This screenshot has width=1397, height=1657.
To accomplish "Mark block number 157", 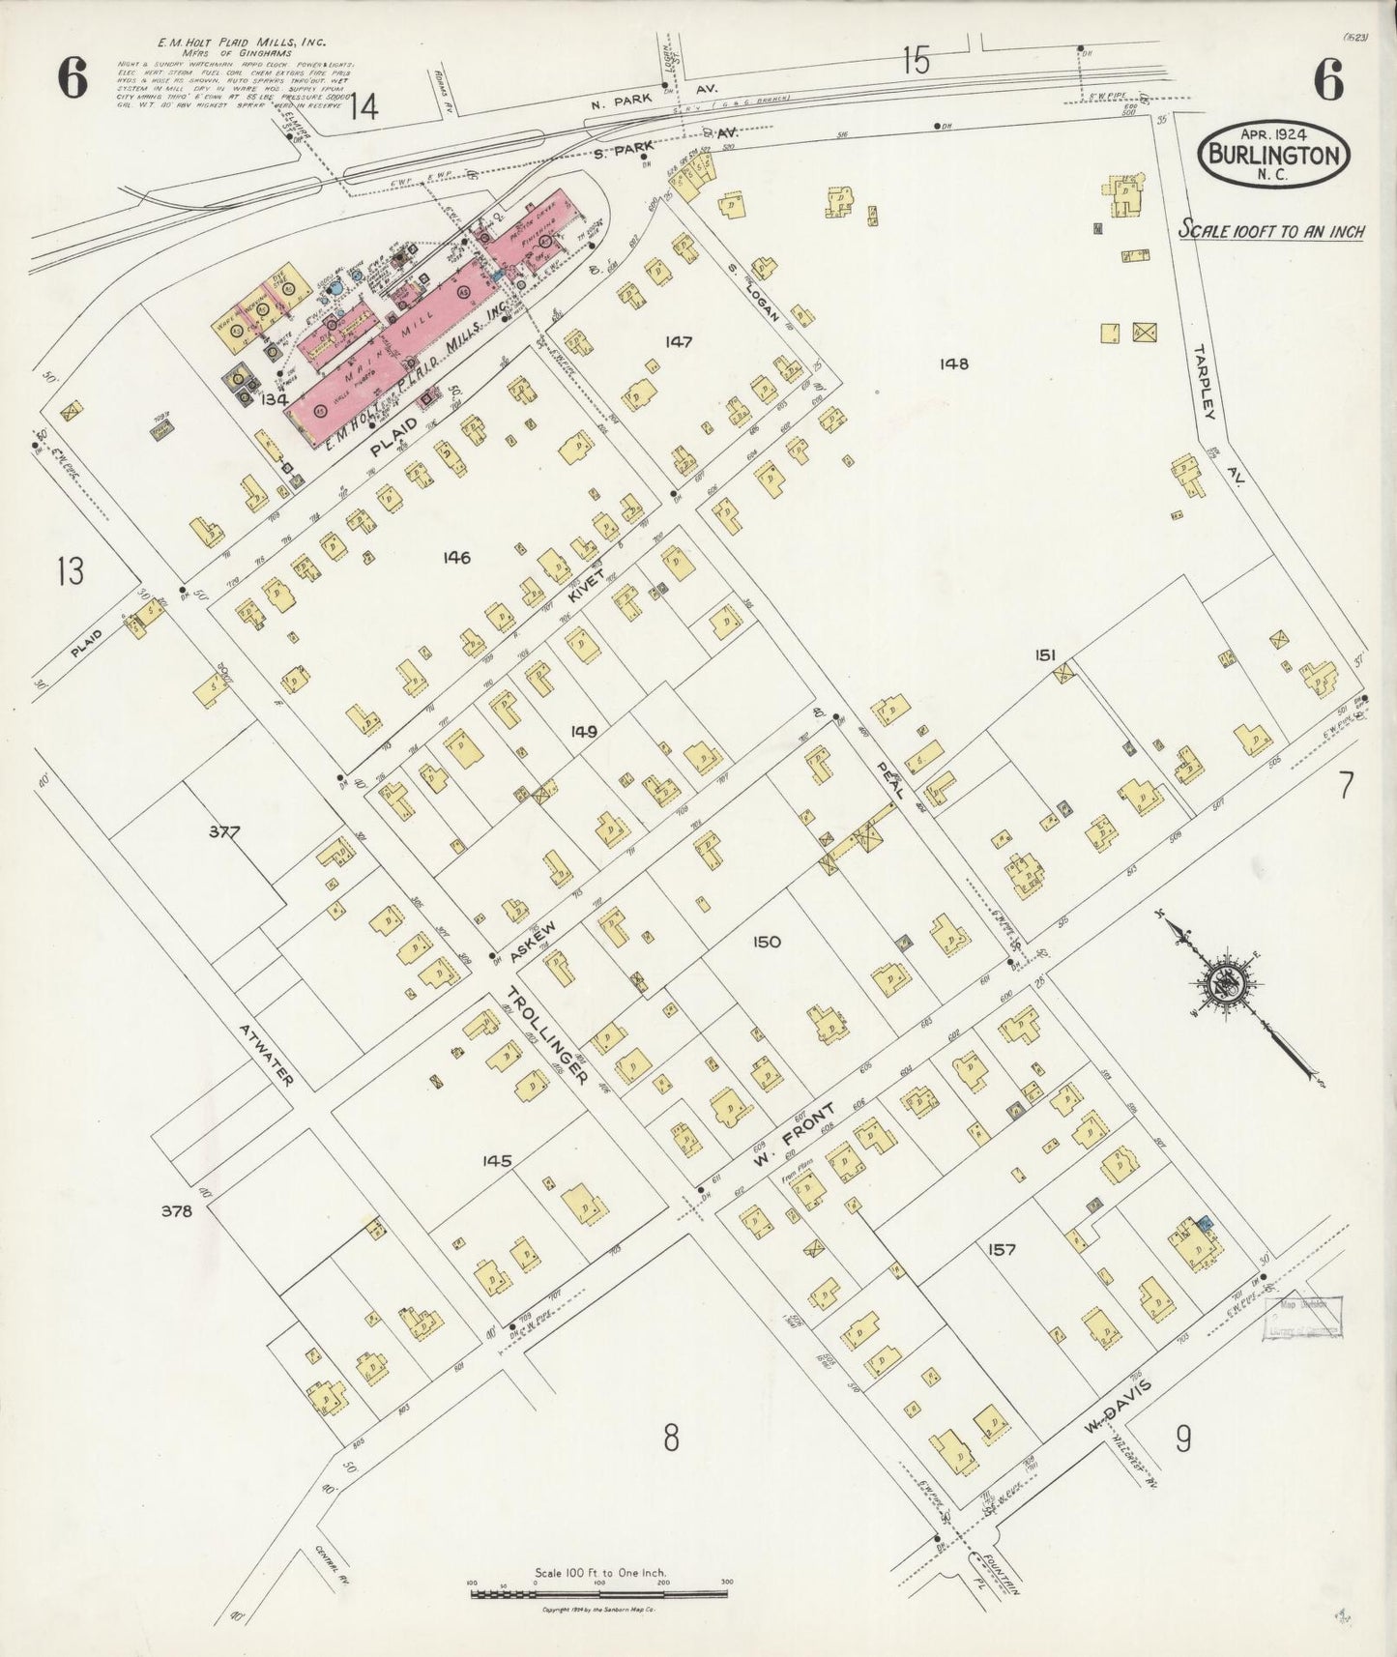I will (x=1002, y=1249).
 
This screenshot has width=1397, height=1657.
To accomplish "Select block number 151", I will (x=1044, y=654).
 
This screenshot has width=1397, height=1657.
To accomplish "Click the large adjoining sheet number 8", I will (x=670, y=1439).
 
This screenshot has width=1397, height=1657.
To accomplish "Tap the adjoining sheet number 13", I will (x=70, y=571).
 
